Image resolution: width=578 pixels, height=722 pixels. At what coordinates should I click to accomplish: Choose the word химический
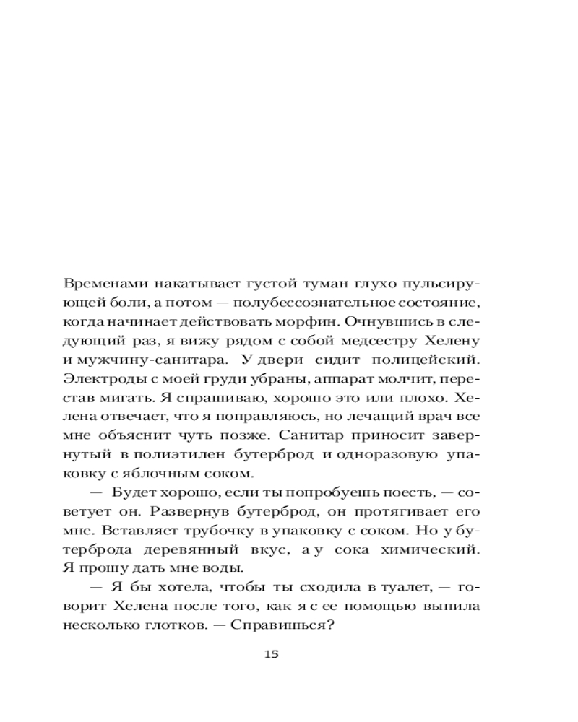[440, 549]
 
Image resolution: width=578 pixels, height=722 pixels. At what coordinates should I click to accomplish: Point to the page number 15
[271, 655]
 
